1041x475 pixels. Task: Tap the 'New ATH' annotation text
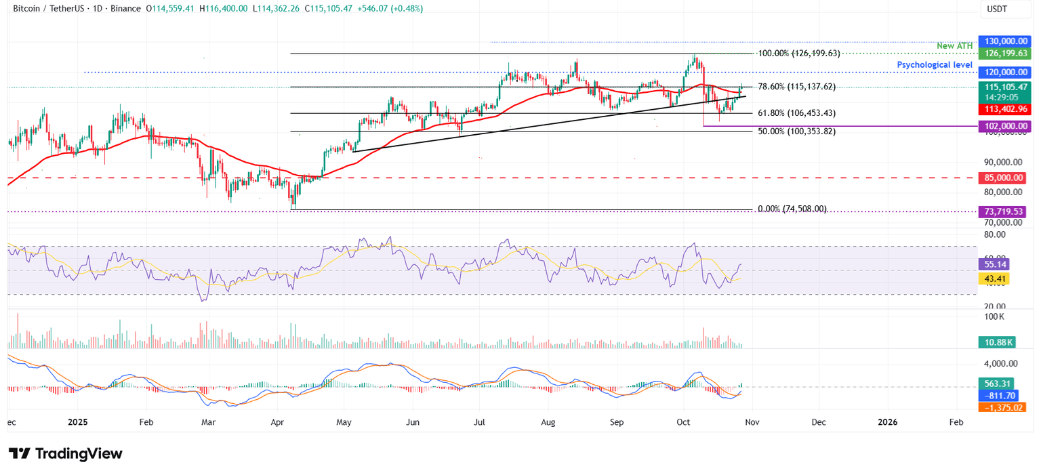(955, 45)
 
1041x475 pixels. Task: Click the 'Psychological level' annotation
(936, 64)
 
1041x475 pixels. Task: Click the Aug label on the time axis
(548, 422)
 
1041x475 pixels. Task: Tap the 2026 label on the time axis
(887, 422)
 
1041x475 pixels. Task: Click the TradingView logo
(66, 453)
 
